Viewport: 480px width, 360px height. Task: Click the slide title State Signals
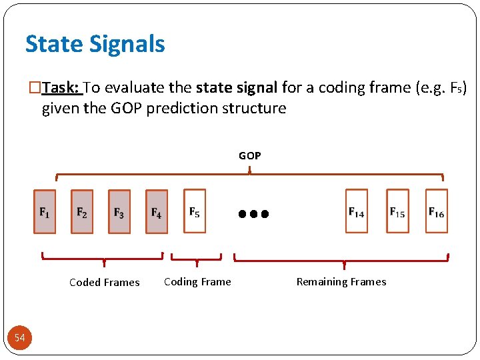tap(95, 44)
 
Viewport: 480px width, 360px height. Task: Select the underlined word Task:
tap(62, 87)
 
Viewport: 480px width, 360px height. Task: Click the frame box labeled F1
tap(45, 211)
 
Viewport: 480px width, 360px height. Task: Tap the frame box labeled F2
tap(82, 211)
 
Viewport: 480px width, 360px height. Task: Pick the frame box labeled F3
tap(119, 211)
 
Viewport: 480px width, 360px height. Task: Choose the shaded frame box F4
tap(157, 211)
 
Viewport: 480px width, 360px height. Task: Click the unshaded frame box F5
tap(195, 211)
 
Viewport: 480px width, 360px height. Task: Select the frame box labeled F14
tap(357, 211)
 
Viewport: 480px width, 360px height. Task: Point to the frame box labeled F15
tap(397, 211)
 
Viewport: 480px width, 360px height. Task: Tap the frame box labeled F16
tap(437, 211)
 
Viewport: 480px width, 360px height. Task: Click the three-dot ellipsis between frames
tap(253, 215)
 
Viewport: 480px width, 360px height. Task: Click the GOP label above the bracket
tap(250, 155)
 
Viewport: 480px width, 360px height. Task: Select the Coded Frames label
tap(105, 282)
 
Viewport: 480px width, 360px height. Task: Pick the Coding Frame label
tap(197, 281)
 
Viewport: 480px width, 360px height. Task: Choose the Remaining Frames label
tap(341, 281)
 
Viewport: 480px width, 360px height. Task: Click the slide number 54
tap(20, 338)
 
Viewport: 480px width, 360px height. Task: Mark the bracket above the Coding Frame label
tap(196, 258)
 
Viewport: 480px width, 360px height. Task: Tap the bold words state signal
tap(237, 87)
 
